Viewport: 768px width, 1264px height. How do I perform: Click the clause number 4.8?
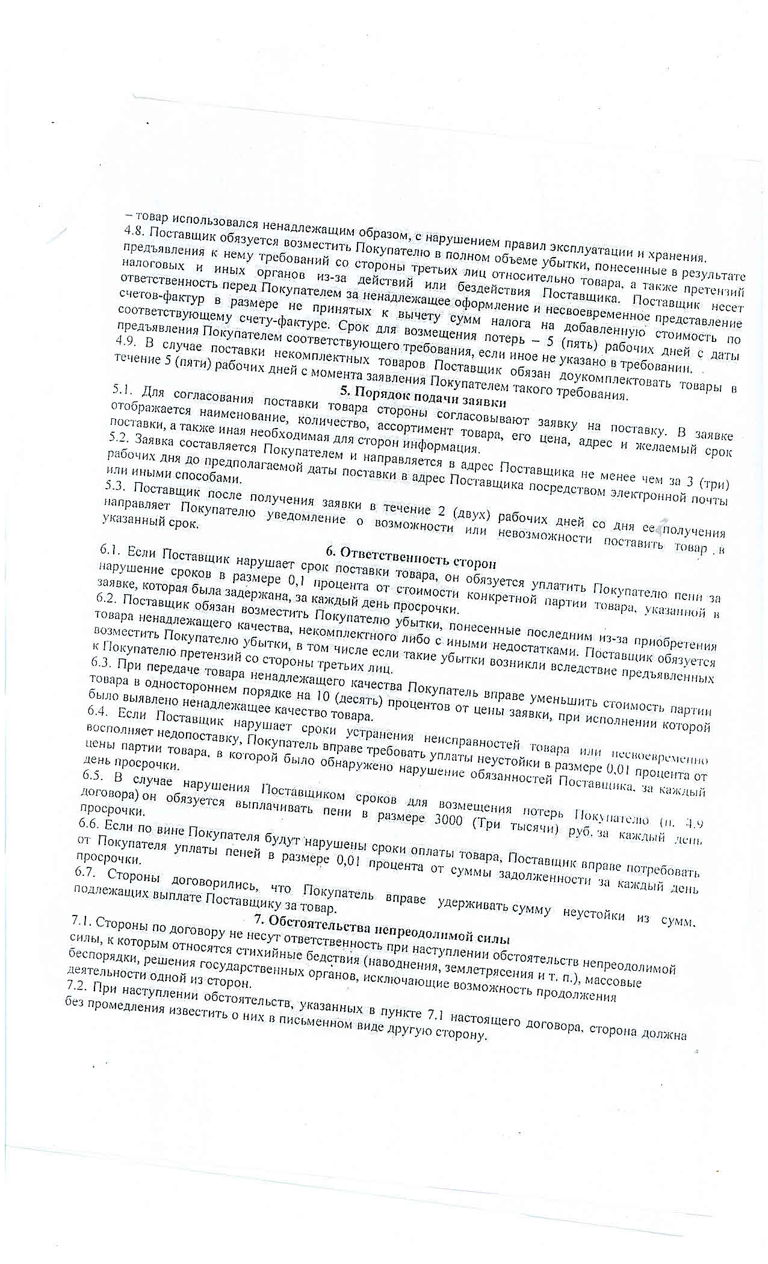pos(134,232)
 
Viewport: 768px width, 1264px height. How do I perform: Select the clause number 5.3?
pos(116,489)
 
